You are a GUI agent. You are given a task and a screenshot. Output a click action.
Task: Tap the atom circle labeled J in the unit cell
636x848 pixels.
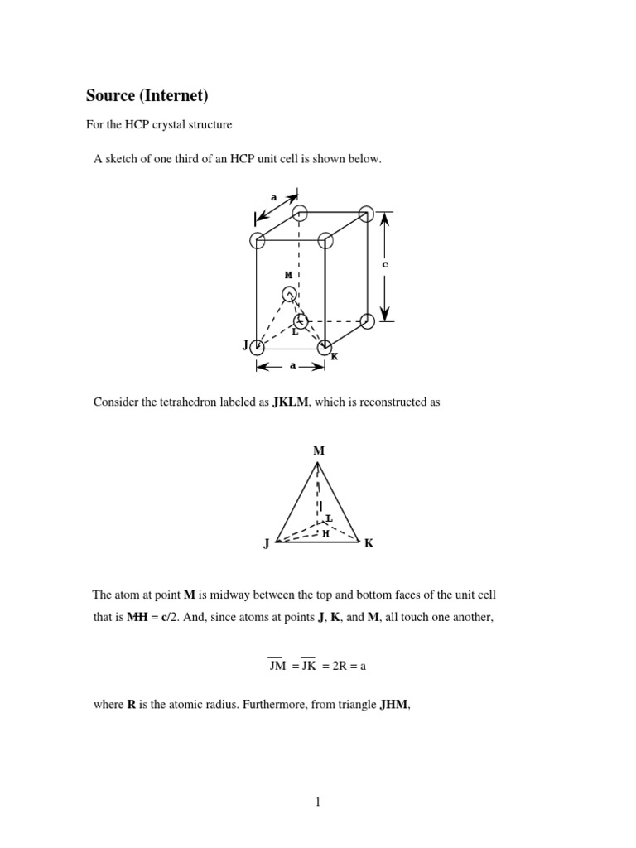tap(258, 347)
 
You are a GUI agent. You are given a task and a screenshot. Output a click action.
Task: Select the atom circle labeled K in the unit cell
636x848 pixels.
tap(325, 347)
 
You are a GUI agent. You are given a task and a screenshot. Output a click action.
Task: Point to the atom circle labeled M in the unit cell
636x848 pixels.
tap(289, 294)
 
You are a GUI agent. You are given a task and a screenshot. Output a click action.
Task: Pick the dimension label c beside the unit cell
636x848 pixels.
tap(384, 265)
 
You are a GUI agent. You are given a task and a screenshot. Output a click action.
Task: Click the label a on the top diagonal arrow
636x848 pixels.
tap(274, 198)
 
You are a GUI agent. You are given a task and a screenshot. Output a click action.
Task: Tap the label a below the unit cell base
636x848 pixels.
tap(292, 365)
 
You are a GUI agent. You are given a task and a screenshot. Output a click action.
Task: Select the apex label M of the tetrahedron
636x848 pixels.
tap(318, 451)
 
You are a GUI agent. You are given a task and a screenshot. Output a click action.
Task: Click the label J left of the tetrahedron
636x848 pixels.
tap(266, 544)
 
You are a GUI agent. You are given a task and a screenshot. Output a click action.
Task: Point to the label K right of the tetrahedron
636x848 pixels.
tap(369, 544)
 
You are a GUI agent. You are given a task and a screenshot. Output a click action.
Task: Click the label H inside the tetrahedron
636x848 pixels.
tap(325, 534)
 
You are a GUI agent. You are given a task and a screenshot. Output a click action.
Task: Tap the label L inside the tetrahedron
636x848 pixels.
tap(329, 518)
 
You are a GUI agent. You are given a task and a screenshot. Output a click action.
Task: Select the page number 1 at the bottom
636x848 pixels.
tap(318, 802)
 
